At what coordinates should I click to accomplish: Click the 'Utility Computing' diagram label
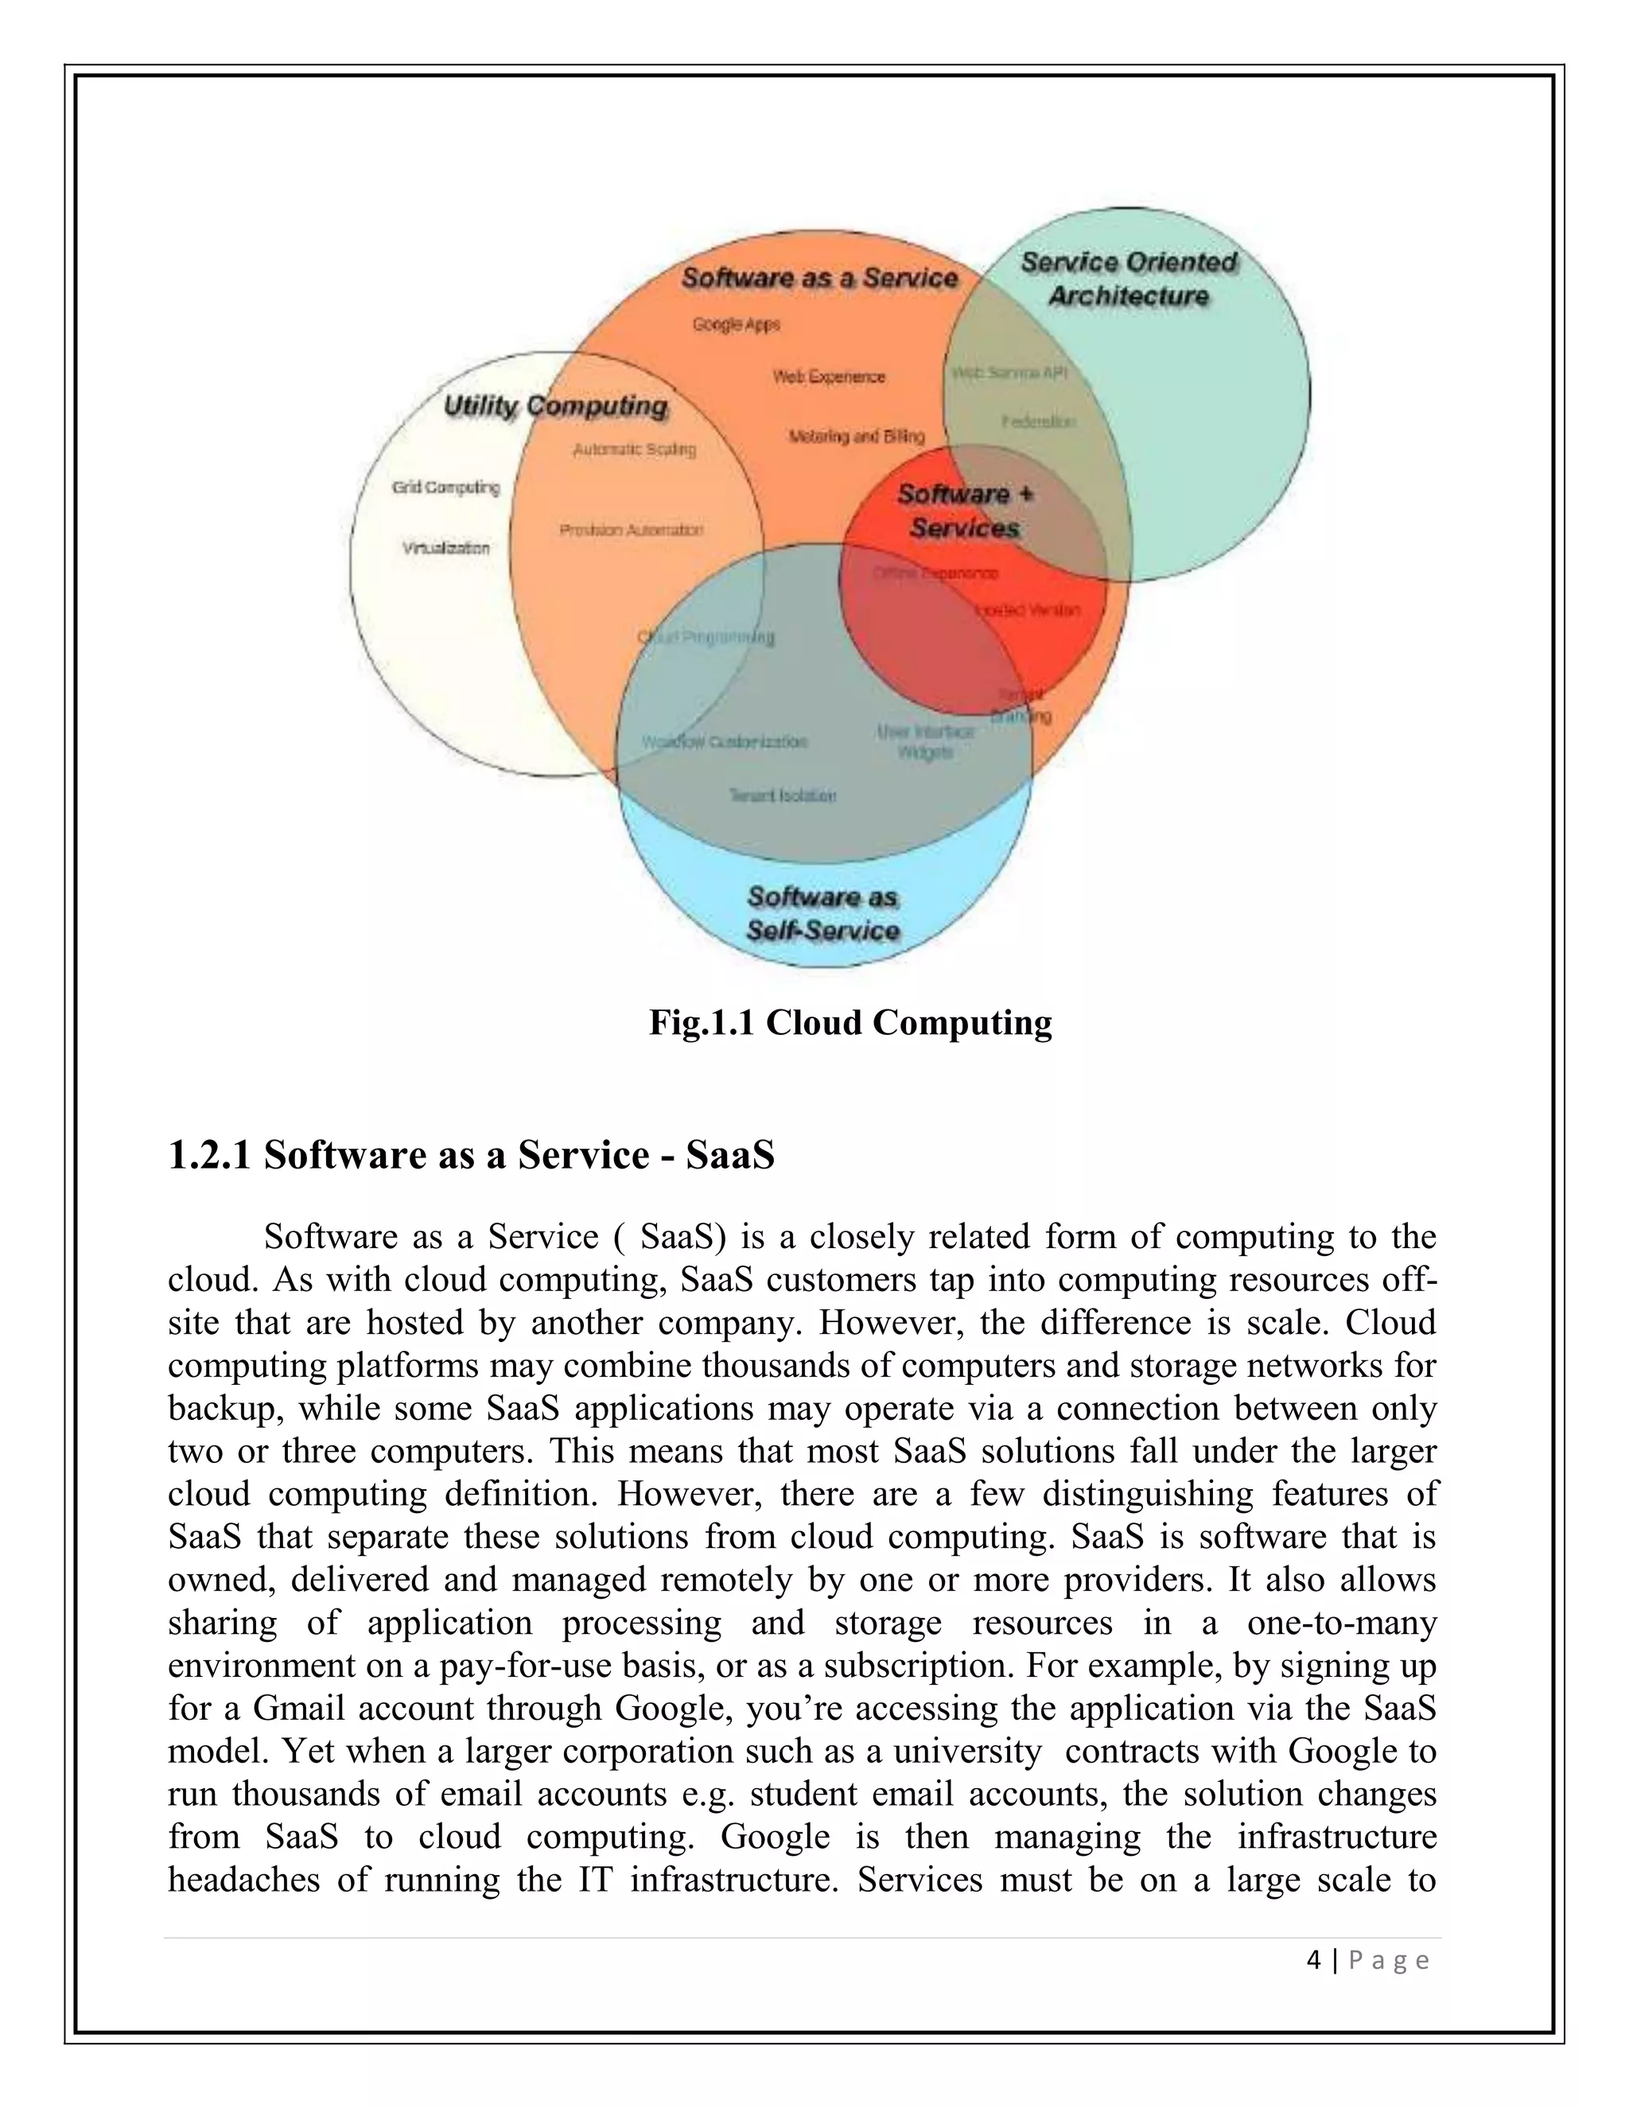click(555, 406)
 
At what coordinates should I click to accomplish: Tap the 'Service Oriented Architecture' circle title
click(1128, 279)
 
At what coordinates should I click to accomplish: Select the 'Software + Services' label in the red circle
click(965, 511)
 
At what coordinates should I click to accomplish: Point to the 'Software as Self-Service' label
click(823, 913)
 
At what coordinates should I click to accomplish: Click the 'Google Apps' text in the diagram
click(736, 325)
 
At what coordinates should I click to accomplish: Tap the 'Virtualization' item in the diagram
click(445, 548)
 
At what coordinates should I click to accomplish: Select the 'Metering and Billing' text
click(856, 436)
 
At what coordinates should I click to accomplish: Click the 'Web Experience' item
click(828, 376)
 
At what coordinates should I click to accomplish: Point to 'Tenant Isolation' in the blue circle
click(782, 795)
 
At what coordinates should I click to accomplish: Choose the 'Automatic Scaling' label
click(634, 449)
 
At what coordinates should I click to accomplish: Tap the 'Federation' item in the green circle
click(1037, 422)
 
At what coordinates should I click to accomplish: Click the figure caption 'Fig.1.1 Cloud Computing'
click(850, 1022)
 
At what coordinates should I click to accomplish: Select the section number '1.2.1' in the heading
click(208, 1155)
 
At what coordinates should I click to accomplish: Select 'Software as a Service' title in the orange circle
click(819, 278)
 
